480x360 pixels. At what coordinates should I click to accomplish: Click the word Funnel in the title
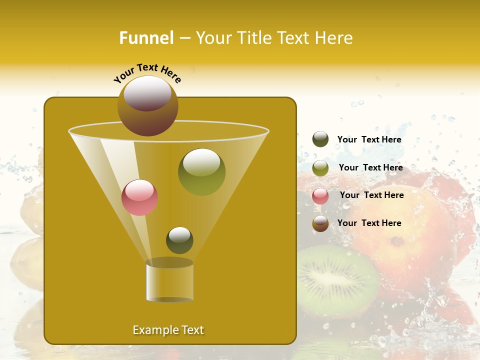pos(146,38)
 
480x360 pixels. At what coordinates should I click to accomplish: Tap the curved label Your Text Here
pos(147,73)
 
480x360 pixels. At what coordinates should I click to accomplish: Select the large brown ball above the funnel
pos(148,105)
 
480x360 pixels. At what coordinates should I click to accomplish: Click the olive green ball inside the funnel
pos(201,171)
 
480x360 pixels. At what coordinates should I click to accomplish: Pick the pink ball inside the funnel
pos(139,197)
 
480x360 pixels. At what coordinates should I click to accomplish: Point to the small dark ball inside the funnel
pos(179,240)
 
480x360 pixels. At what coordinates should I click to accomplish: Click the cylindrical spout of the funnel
pos(169,281)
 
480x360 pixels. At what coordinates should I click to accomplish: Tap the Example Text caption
pos(168,330)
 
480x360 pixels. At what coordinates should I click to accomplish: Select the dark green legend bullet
pos(320,139)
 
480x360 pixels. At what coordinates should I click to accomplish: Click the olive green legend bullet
pos(320,168)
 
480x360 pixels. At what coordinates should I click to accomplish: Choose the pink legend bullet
pos(320,195)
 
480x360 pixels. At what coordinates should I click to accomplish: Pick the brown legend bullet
pos(320,223)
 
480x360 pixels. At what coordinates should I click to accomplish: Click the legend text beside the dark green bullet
pos(369,140)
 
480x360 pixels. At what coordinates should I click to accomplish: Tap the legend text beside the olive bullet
pos(370,168)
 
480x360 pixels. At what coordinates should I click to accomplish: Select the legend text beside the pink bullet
pos(371,195)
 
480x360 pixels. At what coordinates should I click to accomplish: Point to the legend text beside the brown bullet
pos(369,223)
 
